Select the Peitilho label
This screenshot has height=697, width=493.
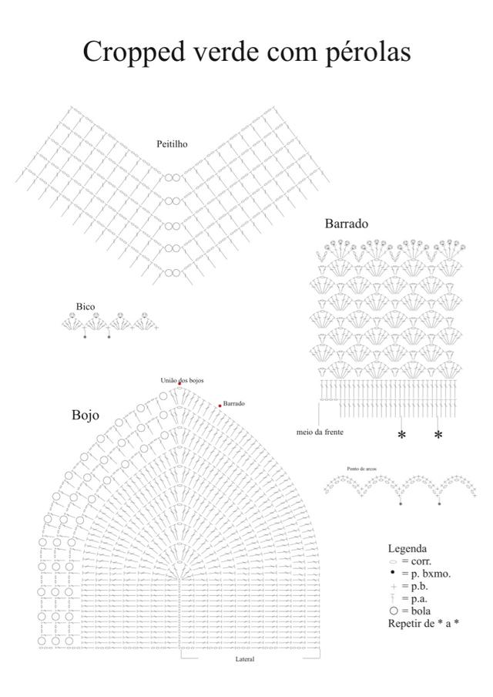pyautogui.click(x=172, y=144)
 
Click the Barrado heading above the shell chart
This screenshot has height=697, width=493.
pyautogui.click(x=346, y=224)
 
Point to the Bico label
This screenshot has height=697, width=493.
pyautogui.click(x=86, y=307)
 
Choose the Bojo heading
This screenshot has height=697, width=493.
pyautogui.click(x=86, y=415)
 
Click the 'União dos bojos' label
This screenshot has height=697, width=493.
pyautogui.click(x=182, y=380)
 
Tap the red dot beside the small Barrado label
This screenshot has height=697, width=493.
pyautogui.click(x=220, y=406)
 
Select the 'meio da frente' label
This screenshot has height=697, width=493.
pyautogui.click(x=320, y=433)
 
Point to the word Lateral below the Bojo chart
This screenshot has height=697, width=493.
pyautogui.click(x=245, y=660)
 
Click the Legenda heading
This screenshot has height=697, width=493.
pyautogui.click(x=407, y=549)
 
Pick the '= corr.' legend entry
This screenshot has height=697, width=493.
pyautogui.click(x=416, y=561)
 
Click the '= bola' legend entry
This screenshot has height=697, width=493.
pyautogui.click(x=416, y=611)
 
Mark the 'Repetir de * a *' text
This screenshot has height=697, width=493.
pyautogui.click(x=423, y=623)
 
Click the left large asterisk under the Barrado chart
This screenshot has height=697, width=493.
pyautogui.click(x=401, y=436)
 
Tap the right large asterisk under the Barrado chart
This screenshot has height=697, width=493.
pyautogui.click(x=438, y=436)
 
